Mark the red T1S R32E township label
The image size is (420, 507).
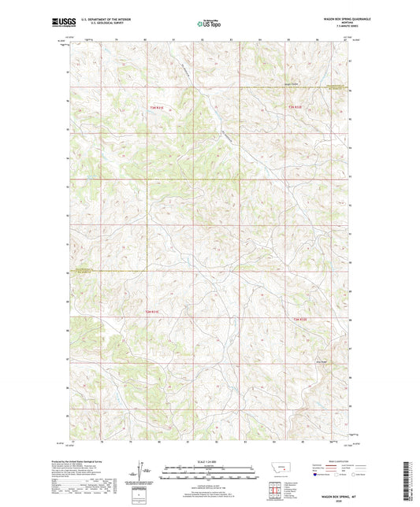click(x=300, y=319)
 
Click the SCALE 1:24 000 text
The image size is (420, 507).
click(x=209, y=461)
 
